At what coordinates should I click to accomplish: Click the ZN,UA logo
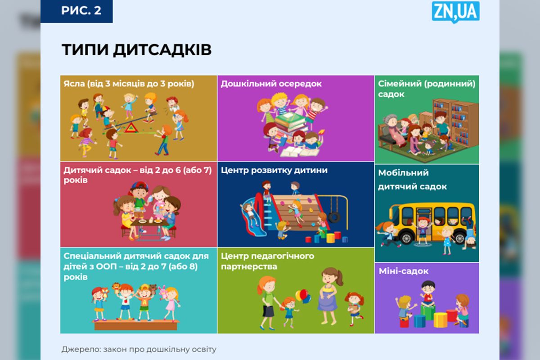(455, 12)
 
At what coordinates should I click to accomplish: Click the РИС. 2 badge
(76, 11)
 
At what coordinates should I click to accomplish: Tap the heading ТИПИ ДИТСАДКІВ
(136, 49)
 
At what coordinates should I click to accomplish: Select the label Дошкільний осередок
(271, 84)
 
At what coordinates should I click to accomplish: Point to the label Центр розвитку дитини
(274, 170)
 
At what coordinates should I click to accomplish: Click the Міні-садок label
(404, 271)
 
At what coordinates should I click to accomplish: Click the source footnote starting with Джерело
(139, 349)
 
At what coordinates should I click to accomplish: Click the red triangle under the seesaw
(131, 128)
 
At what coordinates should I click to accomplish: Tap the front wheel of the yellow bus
(406, 238)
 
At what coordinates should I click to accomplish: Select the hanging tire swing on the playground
(334, 217)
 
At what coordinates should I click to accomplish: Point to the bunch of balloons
(302, 296)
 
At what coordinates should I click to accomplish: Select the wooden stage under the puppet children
(136, 325)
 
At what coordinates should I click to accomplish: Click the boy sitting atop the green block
(427, 293)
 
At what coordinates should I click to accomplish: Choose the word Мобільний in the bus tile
(403, 173)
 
